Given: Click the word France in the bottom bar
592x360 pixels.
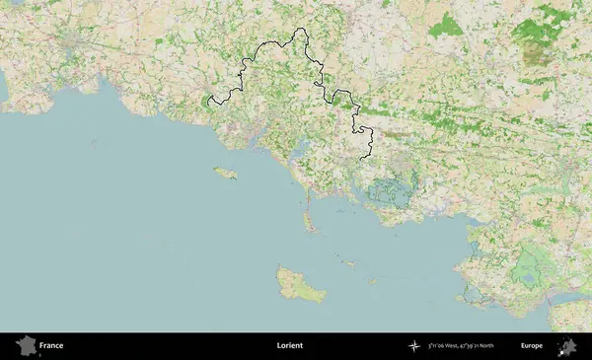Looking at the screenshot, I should (51, 346).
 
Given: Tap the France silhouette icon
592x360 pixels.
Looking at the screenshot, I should (25, 346).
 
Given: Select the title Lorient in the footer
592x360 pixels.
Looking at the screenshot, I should (289, 346).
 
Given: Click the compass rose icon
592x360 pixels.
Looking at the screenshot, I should (415, 346).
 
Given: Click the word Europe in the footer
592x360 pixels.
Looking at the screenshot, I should (532, 346).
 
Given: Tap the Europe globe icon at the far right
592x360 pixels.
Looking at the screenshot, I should (567, 346).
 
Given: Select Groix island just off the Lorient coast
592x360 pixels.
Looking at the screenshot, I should (226, 174).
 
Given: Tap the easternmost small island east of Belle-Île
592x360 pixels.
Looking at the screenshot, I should (371, 281).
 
